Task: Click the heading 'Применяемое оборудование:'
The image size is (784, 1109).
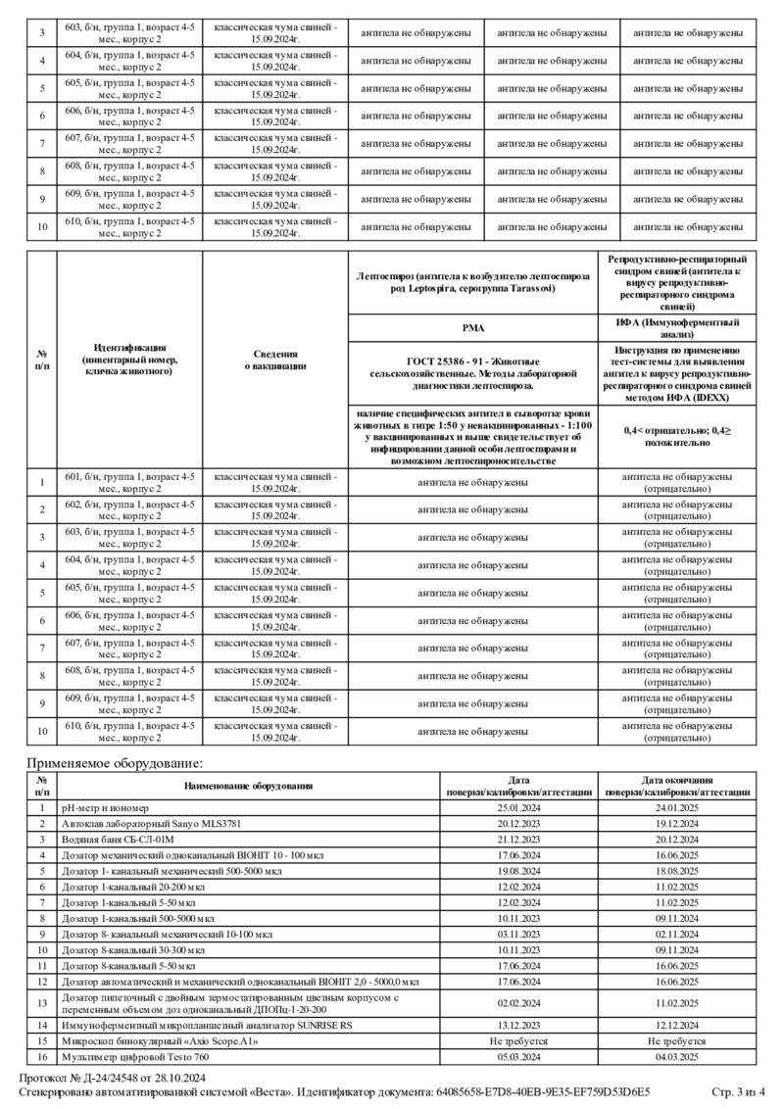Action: tap(115, 762)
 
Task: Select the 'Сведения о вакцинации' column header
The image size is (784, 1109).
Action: tap(274, 360)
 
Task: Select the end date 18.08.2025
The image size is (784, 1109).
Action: tap(677, 871)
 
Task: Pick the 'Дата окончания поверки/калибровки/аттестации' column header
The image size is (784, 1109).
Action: tap(677, 786)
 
